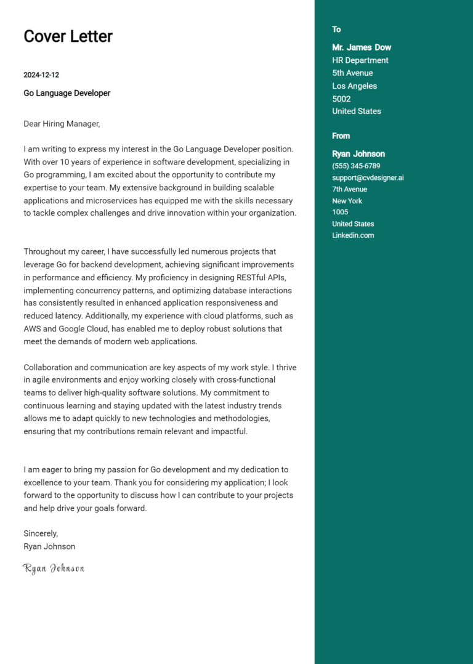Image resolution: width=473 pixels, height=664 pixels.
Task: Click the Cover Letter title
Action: pos(68,36)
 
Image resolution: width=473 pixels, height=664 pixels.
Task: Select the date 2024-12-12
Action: pos(41,75)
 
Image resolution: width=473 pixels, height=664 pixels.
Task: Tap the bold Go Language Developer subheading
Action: pos(67,93)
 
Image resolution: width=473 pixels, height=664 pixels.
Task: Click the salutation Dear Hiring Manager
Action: pos(62,124)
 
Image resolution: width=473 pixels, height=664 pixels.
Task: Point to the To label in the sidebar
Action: pos(336,30)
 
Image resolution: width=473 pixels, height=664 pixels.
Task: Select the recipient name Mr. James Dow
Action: pos(362,47)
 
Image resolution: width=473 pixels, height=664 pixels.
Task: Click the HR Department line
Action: pos(360,60)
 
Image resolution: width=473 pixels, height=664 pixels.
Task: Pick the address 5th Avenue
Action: pos(352,73)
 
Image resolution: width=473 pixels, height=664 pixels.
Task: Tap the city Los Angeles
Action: pos(354,86)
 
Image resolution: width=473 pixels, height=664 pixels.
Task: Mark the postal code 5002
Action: pos(341,99)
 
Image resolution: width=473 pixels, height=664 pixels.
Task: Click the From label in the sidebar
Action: pos(341,136)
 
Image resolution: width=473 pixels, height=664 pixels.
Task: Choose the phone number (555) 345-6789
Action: pos(356,166)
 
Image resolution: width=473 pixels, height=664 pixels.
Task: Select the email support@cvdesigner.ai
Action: pos(368,177)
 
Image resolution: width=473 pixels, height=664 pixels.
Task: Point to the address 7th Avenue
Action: pos(349,189)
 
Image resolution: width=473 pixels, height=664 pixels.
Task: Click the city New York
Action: pos(347,201)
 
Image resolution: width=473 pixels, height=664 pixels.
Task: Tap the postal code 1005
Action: pos(340,212)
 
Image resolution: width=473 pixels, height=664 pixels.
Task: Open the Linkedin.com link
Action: pos(353,235)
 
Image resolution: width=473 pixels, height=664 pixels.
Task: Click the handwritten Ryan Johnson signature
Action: pos(54,569)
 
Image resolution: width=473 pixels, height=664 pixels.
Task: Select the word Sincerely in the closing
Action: pos(40,533)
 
